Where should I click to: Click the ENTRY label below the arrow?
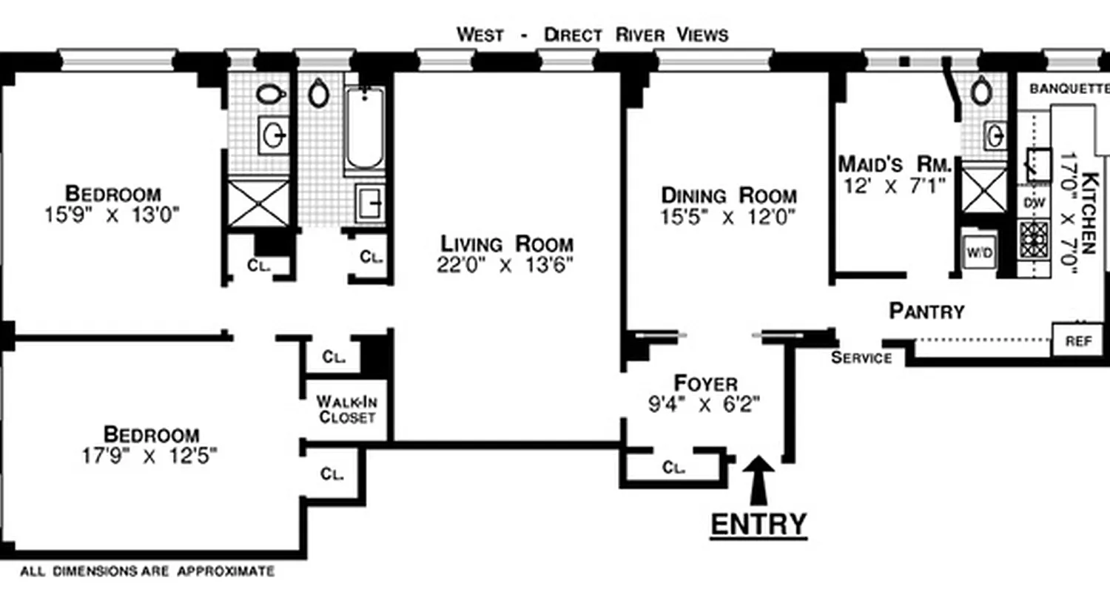pos(758,524)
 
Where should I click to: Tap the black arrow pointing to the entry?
pos(758,474)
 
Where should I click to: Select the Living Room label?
pos(507,243)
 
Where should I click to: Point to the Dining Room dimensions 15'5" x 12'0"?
pos(728,218)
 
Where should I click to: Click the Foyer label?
pos(706,383)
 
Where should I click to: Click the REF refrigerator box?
pos(1078,341)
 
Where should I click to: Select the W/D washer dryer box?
pos(979,253)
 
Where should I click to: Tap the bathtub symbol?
pos(365,129)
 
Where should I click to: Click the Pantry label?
pos(926,312)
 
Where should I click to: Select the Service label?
pos(861,359)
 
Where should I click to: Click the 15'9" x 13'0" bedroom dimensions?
pos(112,215)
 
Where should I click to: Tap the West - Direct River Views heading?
pos(592,35)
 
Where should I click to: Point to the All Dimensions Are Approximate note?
pos(147,571)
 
